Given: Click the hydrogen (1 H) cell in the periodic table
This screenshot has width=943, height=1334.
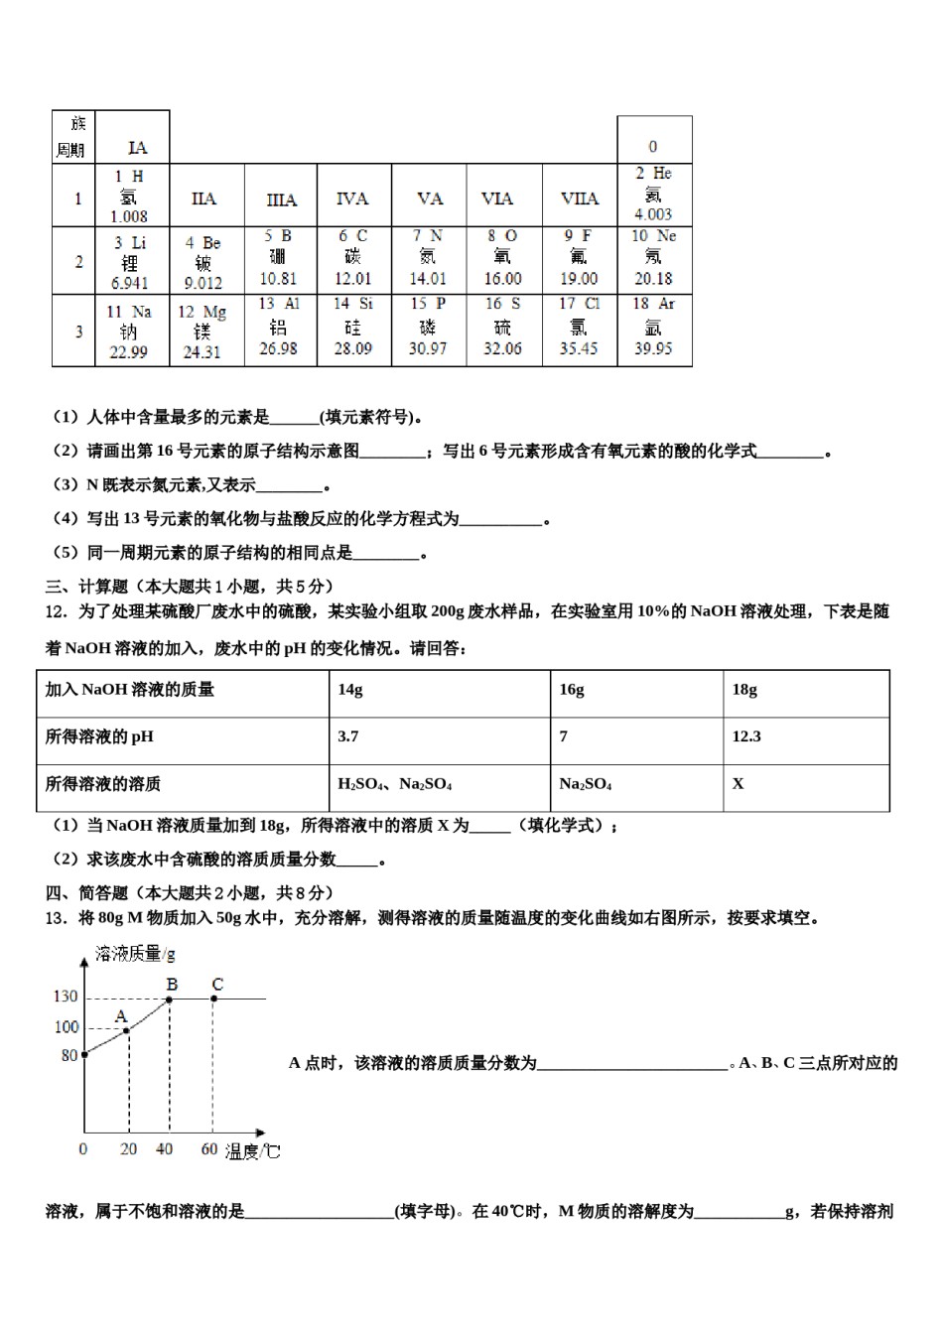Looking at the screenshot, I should [x=131, y=196].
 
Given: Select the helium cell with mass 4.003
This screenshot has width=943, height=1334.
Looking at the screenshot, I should [x=653, y=194].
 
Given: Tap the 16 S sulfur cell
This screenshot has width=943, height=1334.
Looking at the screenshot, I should [x=502, y=327].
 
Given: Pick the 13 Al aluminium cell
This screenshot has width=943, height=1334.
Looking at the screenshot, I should [x=279, y=327].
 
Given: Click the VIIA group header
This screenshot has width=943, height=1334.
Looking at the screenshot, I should [x=580, y=199].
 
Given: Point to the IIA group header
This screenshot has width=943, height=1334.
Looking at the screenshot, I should [x=204, y=199].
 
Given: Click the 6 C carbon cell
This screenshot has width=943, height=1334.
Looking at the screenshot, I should [x=353, y=258].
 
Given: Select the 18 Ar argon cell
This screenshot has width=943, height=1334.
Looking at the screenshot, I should [x=653, y=327].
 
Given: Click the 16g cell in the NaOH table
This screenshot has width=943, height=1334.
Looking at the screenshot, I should [x=572, y=690].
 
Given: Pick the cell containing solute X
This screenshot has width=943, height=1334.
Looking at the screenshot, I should [x=739, y=784].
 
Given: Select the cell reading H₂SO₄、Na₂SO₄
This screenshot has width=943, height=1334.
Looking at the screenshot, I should [x=395, y=784].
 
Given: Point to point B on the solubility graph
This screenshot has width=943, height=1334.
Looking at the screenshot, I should [x=170, y=998].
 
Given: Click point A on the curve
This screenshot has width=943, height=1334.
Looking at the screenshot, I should [x=127, y=1030].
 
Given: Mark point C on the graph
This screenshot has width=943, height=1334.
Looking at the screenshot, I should [x=213, y=998].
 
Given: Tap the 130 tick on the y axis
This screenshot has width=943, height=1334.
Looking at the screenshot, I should [x=66, y=997].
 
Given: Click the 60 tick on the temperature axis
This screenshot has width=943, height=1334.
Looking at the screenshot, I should [x=209, y=1149].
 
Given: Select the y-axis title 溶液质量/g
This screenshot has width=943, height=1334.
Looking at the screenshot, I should [x=135, y=954].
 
